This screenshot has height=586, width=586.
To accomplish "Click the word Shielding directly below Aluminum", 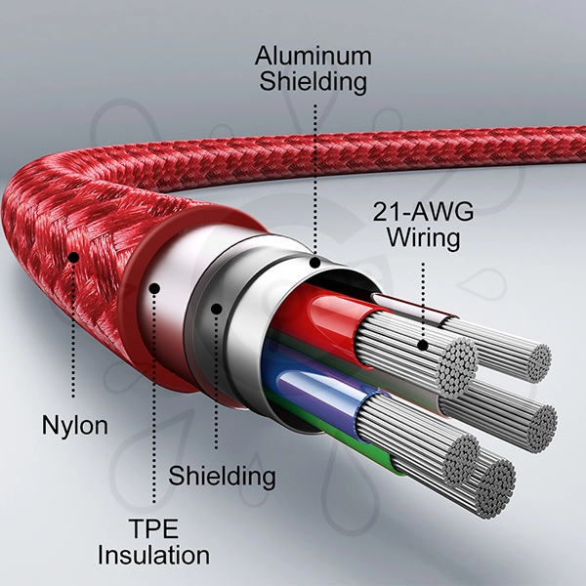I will coord(314,81).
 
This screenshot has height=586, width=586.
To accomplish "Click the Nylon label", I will coord(74,426).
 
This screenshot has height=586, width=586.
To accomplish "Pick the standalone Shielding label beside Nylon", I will coord(222,477).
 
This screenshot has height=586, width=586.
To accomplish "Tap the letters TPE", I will coord(154,529).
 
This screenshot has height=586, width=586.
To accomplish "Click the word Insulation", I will coord(154,556).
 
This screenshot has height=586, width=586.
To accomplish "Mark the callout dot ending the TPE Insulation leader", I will coord(153,287).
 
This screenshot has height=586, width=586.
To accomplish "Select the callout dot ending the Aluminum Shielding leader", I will coord(314,262).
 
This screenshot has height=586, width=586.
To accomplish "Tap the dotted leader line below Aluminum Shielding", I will coord(314,176).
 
